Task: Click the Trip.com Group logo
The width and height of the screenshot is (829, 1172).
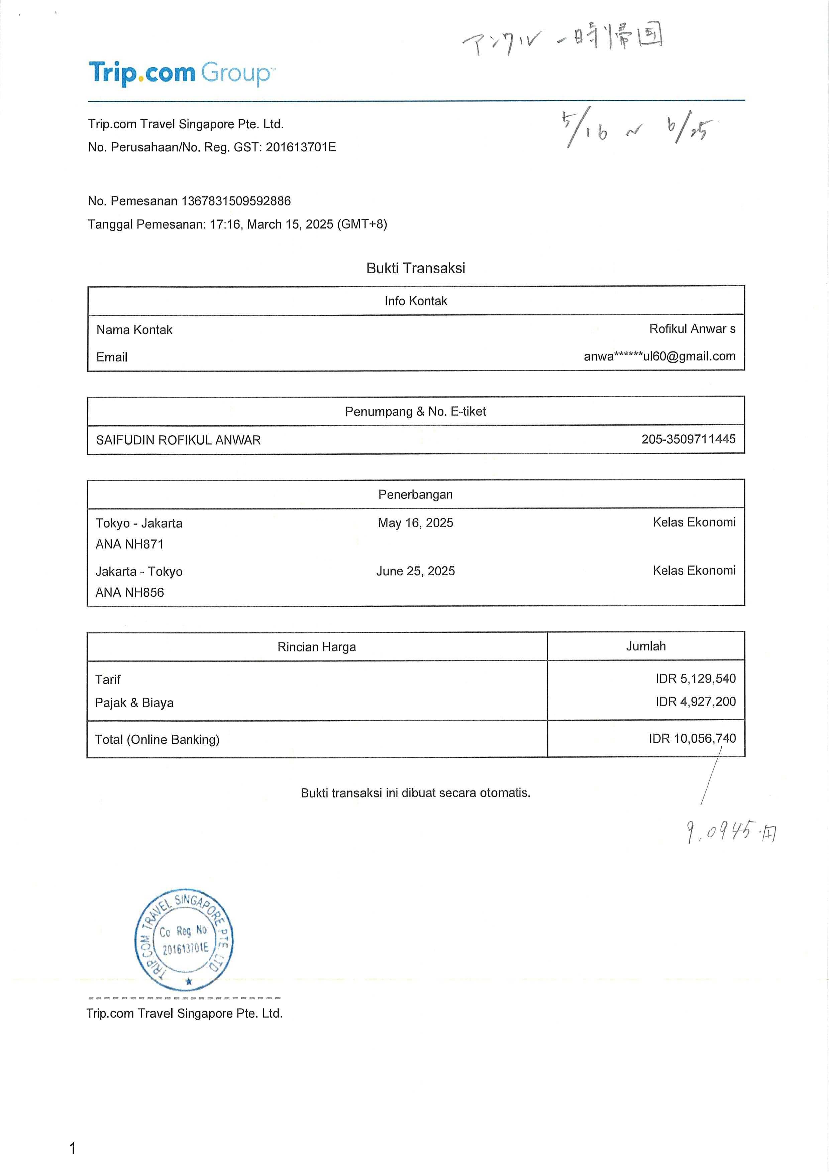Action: pyautogui.click(x=181, y=73)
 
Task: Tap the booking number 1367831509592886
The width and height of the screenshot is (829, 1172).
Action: pyautogui.click(x=236, y=201)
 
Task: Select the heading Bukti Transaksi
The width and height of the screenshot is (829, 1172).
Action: pyautogui.click(x=415, y=269)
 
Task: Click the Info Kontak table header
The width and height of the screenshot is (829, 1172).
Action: pyautogui.click(x=415, y=301)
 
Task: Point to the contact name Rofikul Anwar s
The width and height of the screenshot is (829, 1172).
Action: pyautogui.click(x=692, y=329)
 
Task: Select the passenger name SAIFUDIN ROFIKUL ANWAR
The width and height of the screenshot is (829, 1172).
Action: pyautogui.click(x=178, y=440)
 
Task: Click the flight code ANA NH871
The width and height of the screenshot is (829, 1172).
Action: pyautogui.click(x=130, y=544)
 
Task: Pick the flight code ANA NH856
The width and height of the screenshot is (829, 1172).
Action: pyautogui.click(x=130, y=593)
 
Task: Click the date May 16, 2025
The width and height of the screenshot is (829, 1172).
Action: pyautogui.click(x=415, y=523)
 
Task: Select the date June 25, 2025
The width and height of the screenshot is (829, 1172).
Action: pyautogui.click(x=415, y=571)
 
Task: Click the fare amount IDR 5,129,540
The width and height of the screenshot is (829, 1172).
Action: pyautogui.click(x=695, y=679)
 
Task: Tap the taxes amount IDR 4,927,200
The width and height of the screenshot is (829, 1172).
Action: pyautogui.click(x=695, y=702)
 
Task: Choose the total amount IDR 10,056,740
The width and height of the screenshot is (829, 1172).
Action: pyautogui.click(x=692, y=739)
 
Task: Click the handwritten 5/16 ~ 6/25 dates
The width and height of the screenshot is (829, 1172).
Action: pyautogui.click(x=638, y=130)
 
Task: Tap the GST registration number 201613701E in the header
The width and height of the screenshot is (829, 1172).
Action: pyautogui.click(x=301, y=148)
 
